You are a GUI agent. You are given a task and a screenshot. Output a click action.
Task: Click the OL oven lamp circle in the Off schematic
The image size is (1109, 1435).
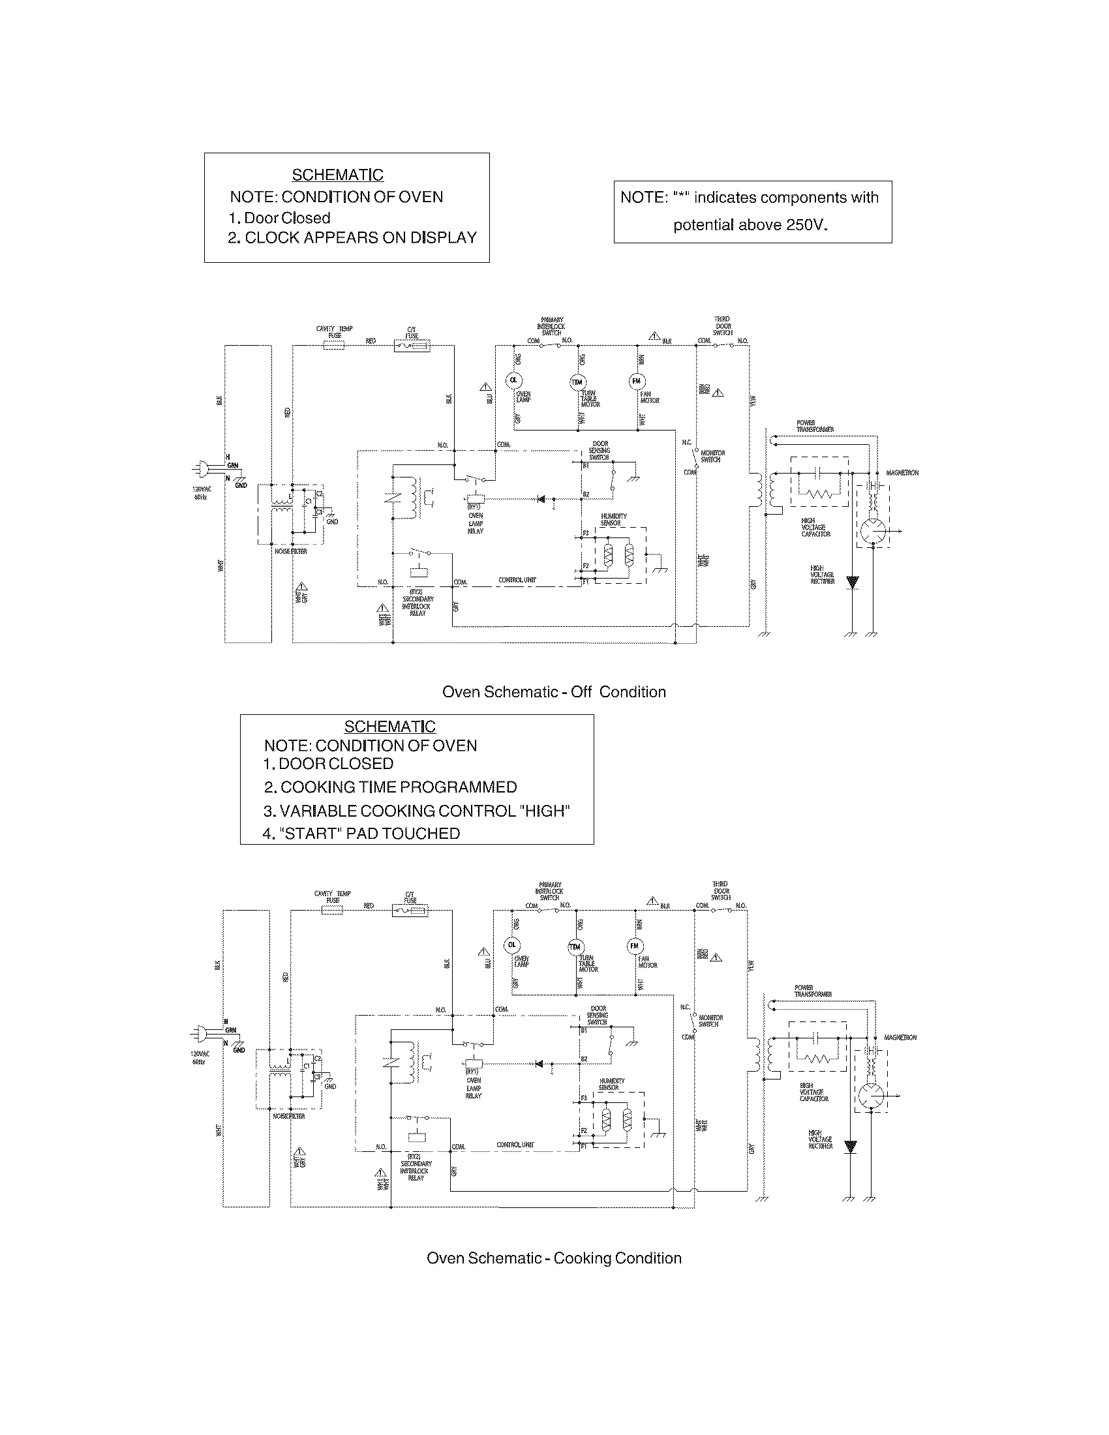[513, 380]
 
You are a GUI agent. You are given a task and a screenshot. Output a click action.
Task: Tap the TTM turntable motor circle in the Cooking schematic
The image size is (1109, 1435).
[575, 947]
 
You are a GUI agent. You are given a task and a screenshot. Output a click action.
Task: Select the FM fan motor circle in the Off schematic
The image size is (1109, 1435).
[637, 381]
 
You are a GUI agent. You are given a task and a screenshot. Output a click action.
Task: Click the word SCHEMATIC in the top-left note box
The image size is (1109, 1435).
[337, 175]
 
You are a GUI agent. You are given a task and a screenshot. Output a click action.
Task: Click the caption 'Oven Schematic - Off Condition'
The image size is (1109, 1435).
[554, 692]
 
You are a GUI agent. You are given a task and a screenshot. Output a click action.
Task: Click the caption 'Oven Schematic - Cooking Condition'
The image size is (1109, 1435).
[554, 1258]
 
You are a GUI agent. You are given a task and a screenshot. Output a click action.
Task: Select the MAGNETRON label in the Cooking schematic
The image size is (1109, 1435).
[900, 1038]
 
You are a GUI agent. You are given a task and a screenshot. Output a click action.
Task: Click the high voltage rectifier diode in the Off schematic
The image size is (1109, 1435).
[852, 582]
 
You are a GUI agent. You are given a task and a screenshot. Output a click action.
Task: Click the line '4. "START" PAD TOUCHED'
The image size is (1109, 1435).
[361, 833]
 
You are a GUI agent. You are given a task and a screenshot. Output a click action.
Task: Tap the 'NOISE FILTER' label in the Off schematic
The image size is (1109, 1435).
[290, 551]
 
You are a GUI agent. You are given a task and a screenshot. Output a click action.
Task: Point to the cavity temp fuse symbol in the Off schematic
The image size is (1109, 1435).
[334, 344]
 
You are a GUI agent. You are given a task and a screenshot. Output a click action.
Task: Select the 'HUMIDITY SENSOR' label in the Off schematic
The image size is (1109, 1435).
[614, 519]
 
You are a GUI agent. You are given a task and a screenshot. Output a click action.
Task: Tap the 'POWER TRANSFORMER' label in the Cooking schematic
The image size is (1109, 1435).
[813, 991]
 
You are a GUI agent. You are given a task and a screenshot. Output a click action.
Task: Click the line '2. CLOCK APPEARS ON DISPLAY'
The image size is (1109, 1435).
[352, 238]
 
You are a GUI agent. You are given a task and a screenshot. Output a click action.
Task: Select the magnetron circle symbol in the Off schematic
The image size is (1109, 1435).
[873, 531]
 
